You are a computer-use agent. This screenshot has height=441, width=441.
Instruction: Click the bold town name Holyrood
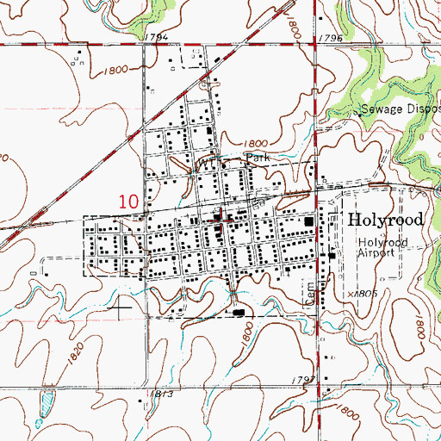[x=386, y=220]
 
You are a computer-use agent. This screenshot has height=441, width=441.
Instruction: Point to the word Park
[x=258, y=158]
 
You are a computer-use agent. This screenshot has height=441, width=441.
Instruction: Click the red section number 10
[x=128, y=201]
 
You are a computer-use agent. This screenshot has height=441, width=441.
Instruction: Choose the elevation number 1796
[x=329, y=40]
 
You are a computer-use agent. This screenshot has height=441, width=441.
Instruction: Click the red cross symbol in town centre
[x=226, y=220]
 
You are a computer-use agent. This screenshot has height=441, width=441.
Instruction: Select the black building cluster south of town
[x=238, y=313]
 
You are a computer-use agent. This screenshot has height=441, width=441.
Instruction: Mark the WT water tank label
[x=207, y=162]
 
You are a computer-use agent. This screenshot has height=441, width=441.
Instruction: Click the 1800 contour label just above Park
[x=255, y=144]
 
